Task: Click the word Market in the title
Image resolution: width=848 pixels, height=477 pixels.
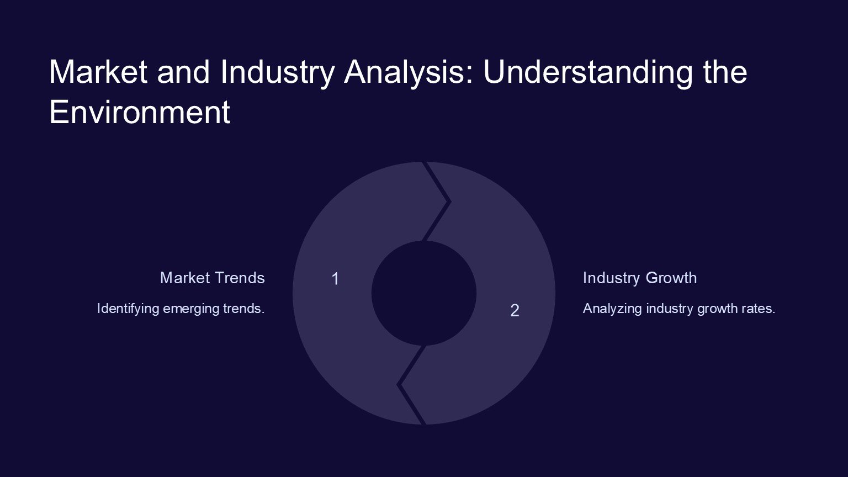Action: point(98,72)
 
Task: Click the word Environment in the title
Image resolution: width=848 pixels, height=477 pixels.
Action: point(140,112)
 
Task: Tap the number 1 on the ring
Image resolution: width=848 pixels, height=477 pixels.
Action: point(335,279)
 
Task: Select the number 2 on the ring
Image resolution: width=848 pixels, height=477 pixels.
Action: point(515,310)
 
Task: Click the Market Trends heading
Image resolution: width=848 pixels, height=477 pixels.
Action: point(213,278)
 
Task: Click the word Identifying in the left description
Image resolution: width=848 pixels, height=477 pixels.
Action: point(128,309)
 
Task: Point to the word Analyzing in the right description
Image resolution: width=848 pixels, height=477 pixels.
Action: point(612,309)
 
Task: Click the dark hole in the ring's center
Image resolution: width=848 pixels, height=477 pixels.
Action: point(423,293)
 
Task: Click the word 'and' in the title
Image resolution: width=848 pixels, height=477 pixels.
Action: point(183,72)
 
